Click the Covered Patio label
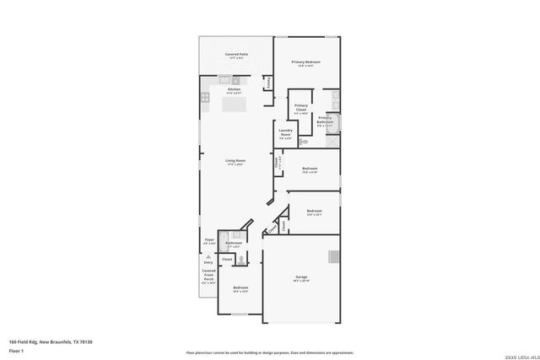236,56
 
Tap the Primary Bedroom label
306,62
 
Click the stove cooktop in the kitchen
205,98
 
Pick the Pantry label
268,83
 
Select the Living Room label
235,161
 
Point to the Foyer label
209,241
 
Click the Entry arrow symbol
208,255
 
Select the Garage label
301,277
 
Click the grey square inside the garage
334,256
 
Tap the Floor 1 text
16,350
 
